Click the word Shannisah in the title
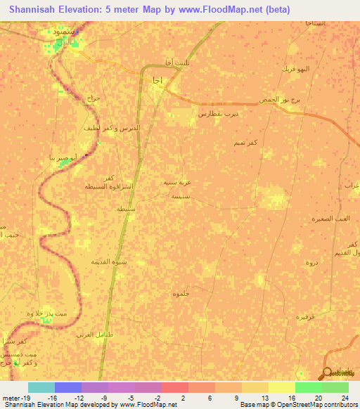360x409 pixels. [x=34, y=9]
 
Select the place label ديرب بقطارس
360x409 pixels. [x=219, y=113]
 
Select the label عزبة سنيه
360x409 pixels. [x=178, y=182]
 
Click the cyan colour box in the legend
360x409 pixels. [x=41, y=387]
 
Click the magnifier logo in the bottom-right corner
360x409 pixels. [x=327, y=374]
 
